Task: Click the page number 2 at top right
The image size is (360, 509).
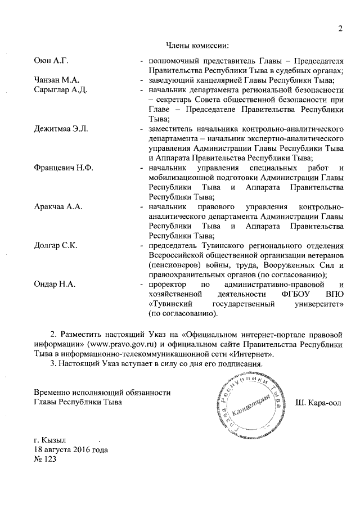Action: pyautogui.click(x=340, y=29)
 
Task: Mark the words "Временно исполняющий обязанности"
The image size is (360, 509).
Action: pyautogui.click(x=102, y=393)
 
